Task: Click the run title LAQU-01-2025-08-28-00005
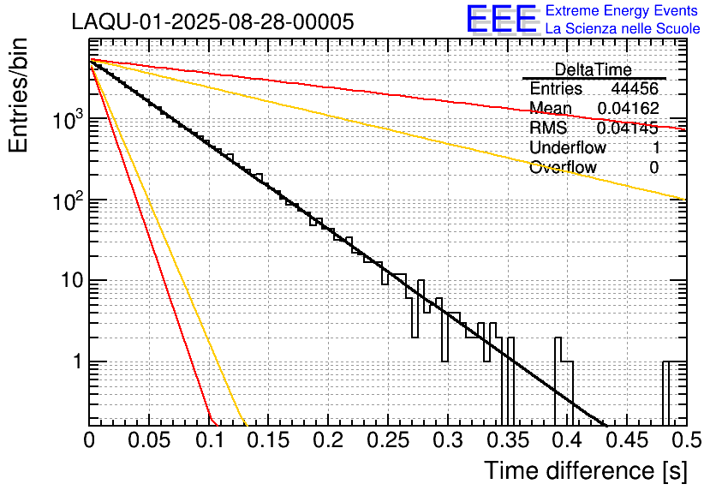[x=212, y=22]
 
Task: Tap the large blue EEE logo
[x=501, y=20]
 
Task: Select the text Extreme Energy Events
[x=623, y=11]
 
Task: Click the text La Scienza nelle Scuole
[x=623, y=28]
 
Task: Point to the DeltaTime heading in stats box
[x=593, y=69]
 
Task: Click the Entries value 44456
[x=635, y=89]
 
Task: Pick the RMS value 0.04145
[x=628, y=128]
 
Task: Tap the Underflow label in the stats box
[x=567, y=147]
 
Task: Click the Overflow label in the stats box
[x=563, y=167]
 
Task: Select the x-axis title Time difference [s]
[x=586, y=470]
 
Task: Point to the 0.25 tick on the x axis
[x=387, y=441]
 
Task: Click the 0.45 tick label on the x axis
[x=625, y=441]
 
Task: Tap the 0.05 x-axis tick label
[x=148, y=441]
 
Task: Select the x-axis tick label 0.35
[x=506, y=441]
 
